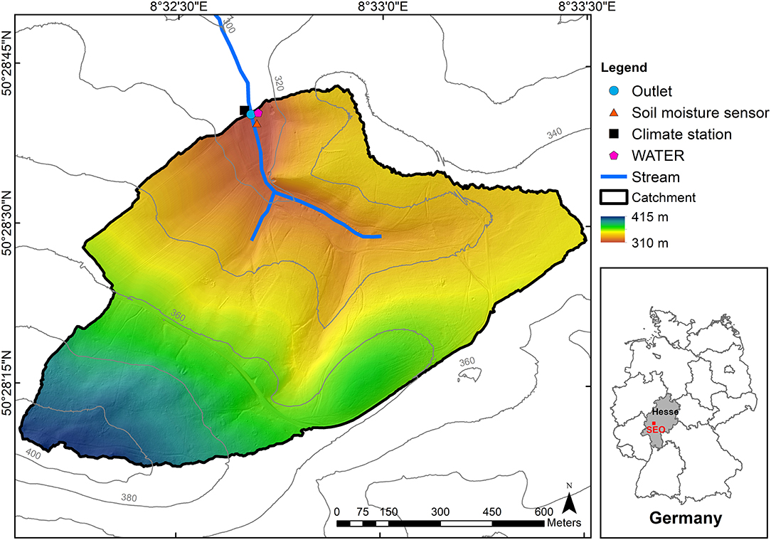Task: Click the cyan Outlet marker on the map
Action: [x=250, y=114]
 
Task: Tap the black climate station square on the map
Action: [x=244, y=110]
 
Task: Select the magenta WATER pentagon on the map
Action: [x=258, y=112]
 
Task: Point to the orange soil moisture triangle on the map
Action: [x=257, y=123]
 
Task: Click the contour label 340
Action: [x=555, y=133]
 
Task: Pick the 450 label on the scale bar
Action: [x=491, y=512]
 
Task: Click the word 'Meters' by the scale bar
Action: [x=565, y=523]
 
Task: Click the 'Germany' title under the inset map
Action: [x=685, y=518]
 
